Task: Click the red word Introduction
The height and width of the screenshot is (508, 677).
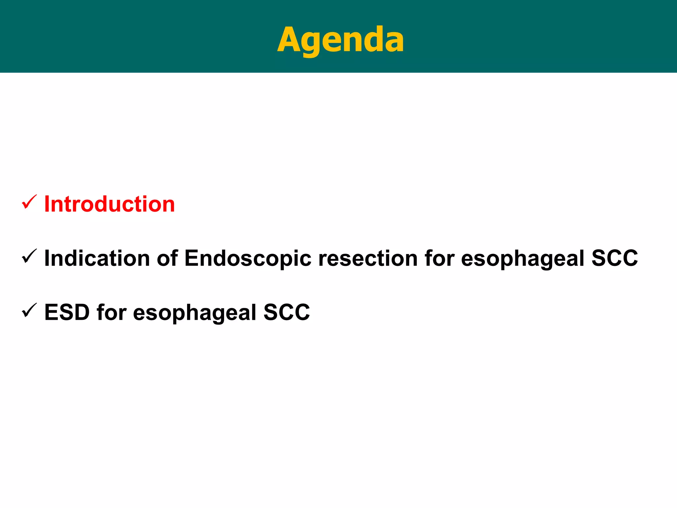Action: (109, 204)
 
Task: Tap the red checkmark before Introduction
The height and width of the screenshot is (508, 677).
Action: (29, 202)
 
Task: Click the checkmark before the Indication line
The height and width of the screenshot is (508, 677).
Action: (29, 256)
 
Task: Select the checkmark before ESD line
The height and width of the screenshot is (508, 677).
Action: (29, 311)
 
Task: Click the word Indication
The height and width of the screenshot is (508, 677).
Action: (97, 258)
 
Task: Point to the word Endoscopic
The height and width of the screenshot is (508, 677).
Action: (248, 258)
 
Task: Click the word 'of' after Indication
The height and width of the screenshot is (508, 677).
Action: (167, 258)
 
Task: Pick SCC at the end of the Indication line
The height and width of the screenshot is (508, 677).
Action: (615, 258)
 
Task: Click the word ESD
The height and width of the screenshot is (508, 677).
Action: (67, 312)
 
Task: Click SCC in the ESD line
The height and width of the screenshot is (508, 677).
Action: (287, 312)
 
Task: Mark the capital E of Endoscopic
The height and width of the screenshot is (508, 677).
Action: (192, 258)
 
